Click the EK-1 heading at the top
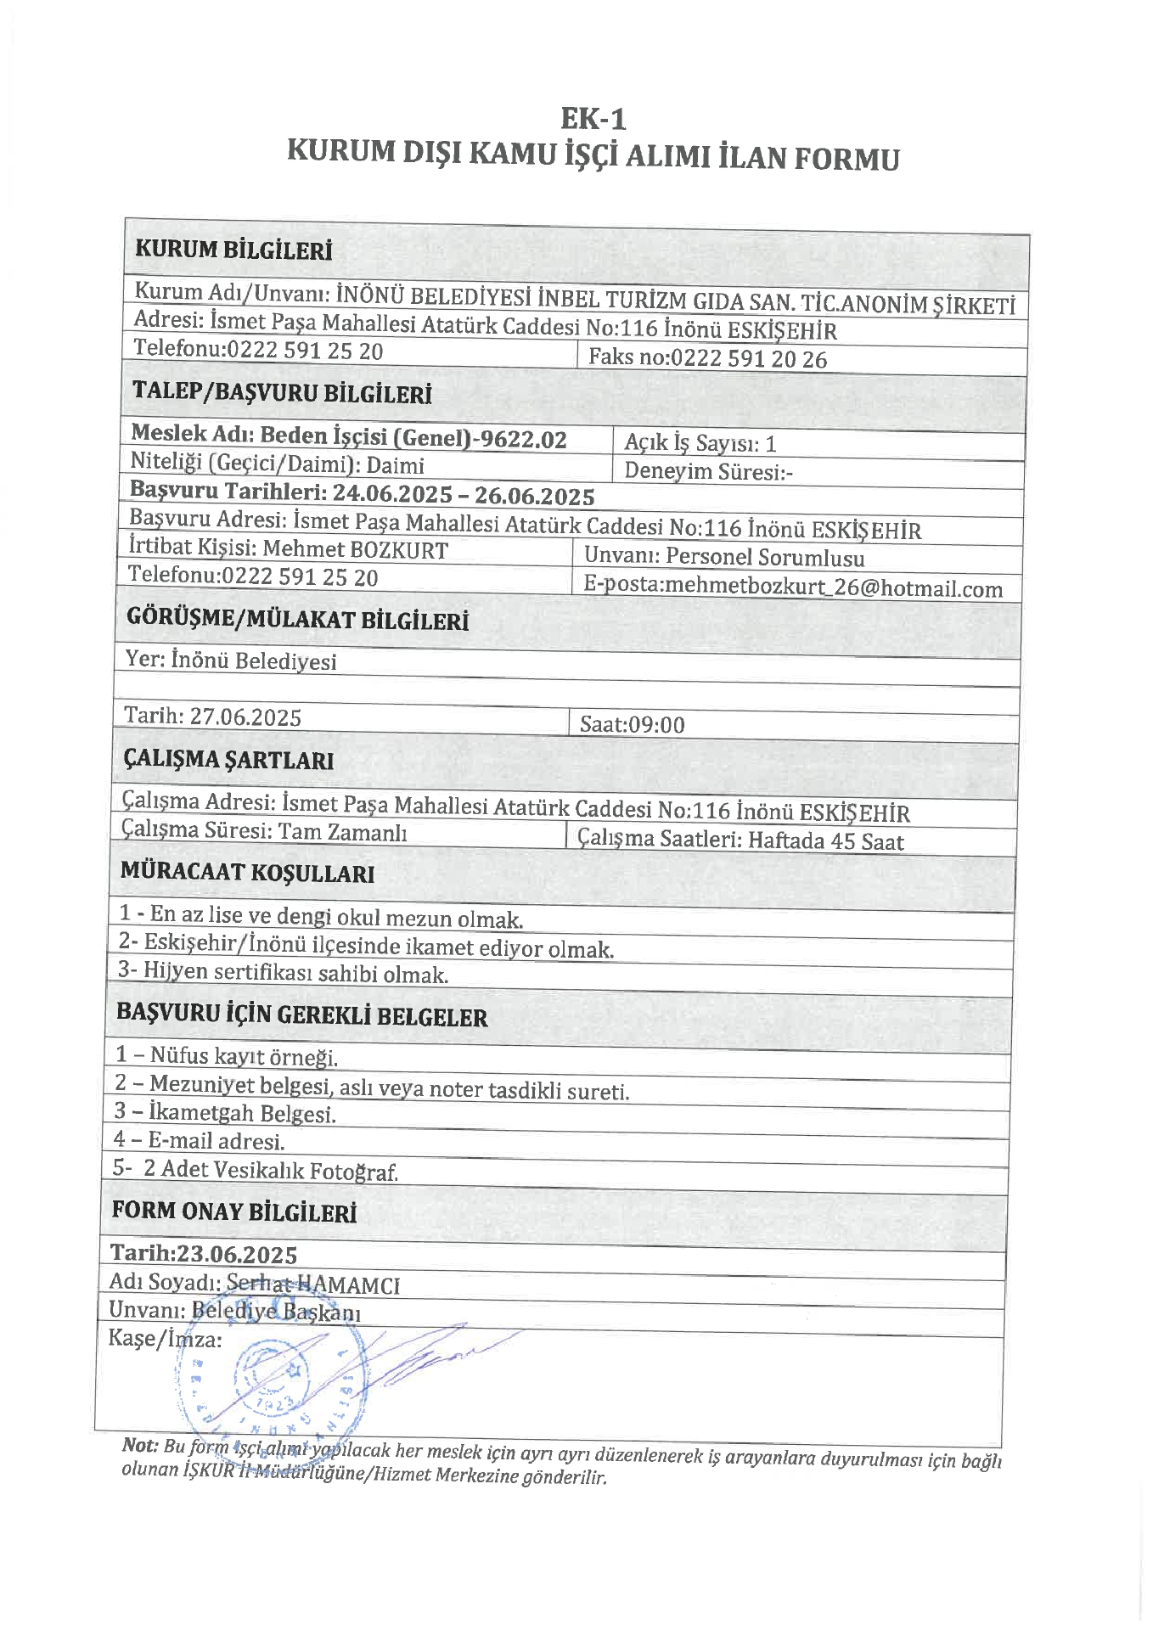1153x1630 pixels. (593, 118)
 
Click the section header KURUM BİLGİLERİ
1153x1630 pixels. (233, 250)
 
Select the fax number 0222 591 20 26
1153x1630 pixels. (748, 359)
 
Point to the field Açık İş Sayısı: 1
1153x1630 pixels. (700, 443)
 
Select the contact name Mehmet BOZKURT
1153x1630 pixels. (355, 550)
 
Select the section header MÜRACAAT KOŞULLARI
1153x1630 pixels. (247, 873)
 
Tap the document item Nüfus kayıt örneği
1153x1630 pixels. (244, 1057)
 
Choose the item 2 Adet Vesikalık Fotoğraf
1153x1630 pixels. (270, 1170)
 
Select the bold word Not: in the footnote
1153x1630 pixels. (140, 1445)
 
